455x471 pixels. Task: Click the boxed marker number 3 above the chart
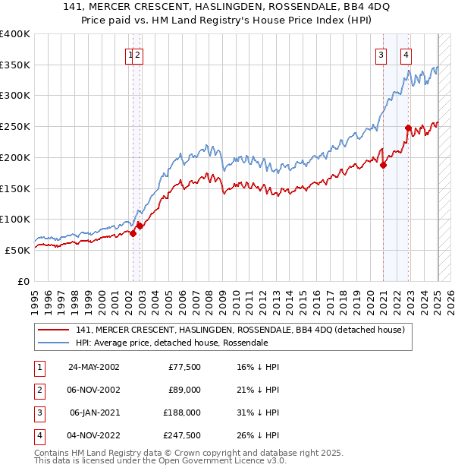(x=380, y=54)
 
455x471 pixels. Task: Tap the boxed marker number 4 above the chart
(x=406, y=54)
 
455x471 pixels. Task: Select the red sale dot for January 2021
(x=383, y=165)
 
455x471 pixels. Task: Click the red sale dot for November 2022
(x=408, y=128)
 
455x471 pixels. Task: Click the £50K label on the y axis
(x=18, y=250)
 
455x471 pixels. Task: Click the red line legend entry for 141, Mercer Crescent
(x=241, y=330)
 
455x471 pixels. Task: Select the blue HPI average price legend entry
(x=171, y=343)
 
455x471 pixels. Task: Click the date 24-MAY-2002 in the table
(x=94, y=367)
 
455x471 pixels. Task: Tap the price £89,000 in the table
(x=184, y=390)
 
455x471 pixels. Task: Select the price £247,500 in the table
(x=182, y=435)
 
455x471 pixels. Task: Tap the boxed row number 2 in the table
(x=38, y=390)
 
